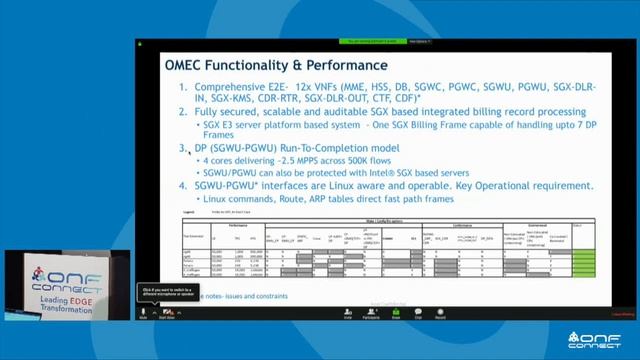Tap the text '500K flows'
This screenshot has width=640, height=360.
(x=372, y=160)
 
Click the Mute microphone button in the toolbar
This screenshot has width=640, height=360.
(x=144, y=313)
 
